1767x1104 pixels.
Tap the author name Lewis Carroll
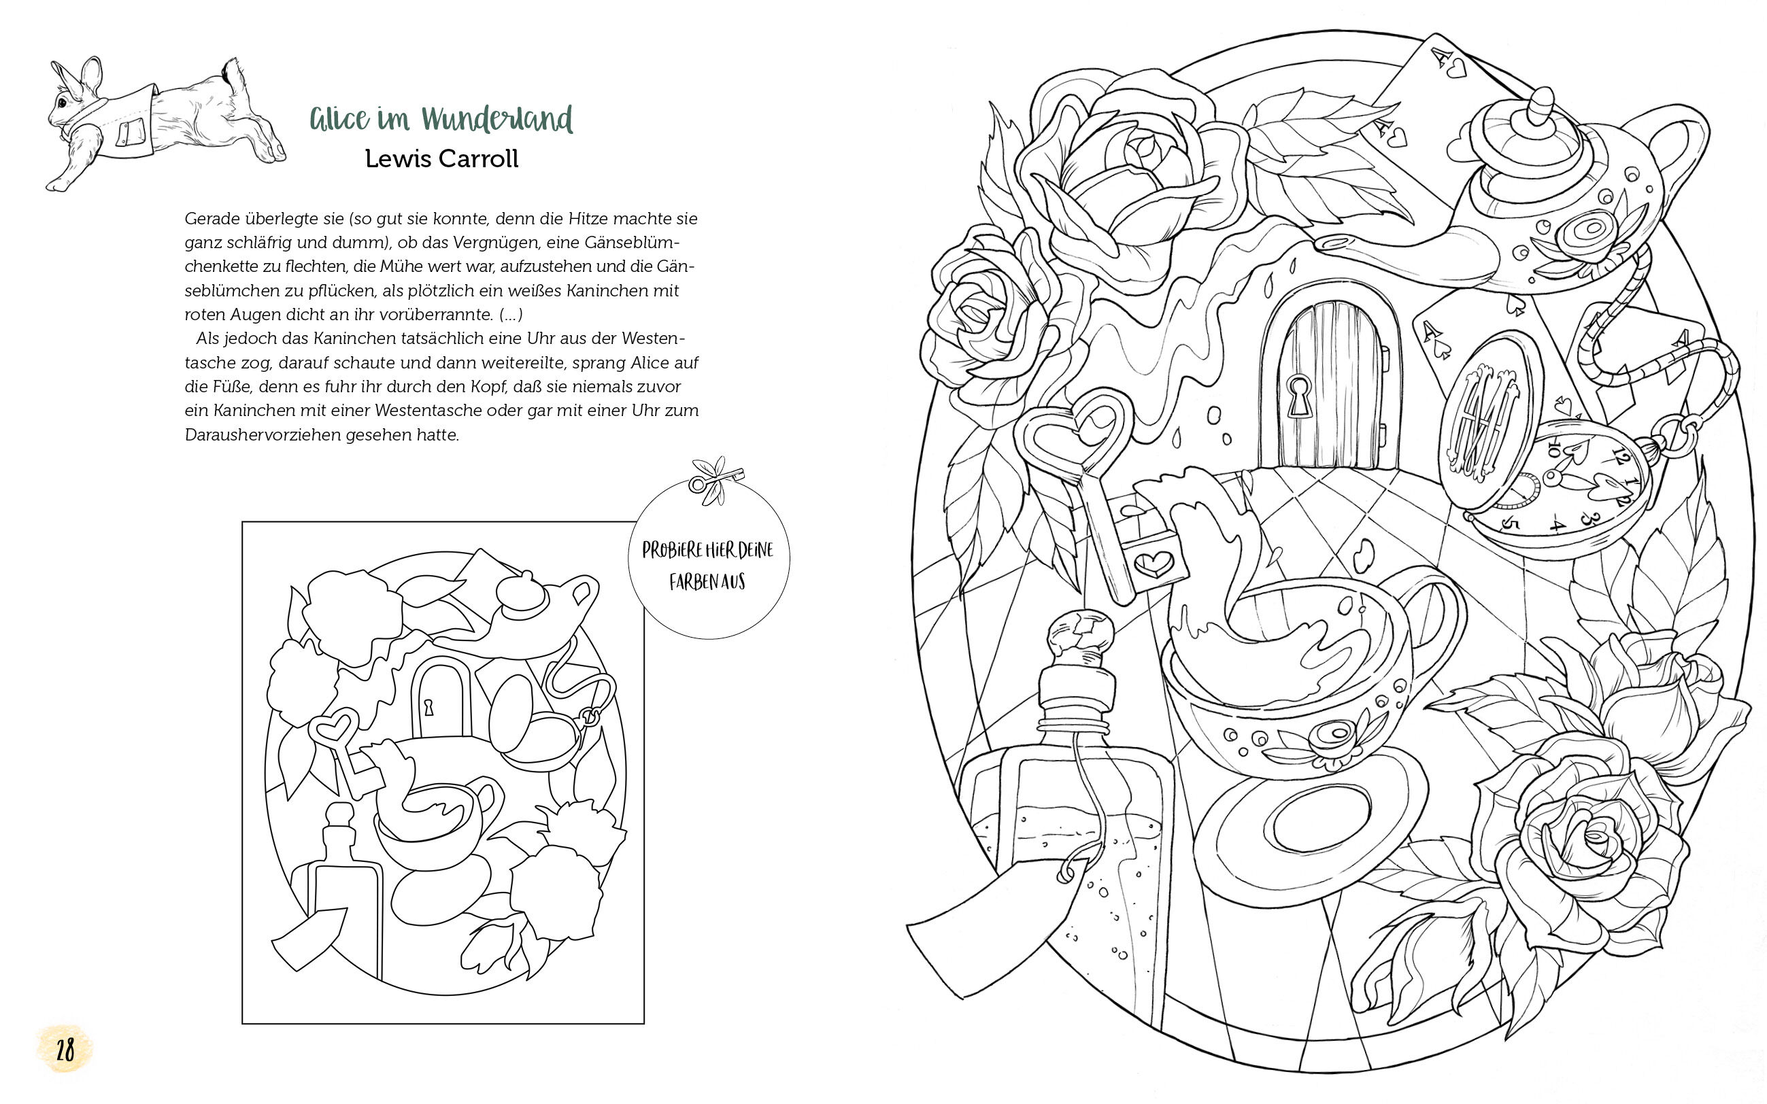(441, 159)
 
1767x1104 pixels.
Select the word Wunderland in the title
(497, 119)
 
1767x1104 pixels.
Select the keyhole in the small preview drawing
(430, 707)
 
